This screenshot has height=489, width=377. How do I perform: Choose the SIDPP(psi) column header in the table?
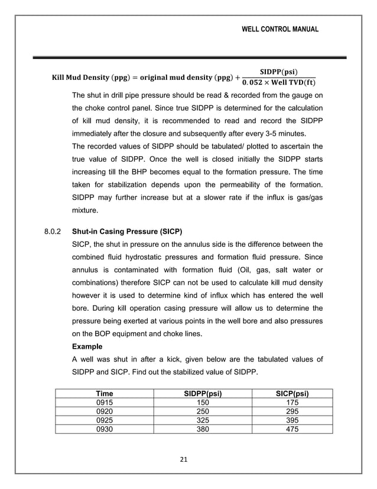pyautogui.click(x=203, y=393)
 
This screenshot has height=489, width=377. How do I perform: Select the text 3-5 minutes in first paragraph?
pyautogui.click(x=297, y=134)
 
